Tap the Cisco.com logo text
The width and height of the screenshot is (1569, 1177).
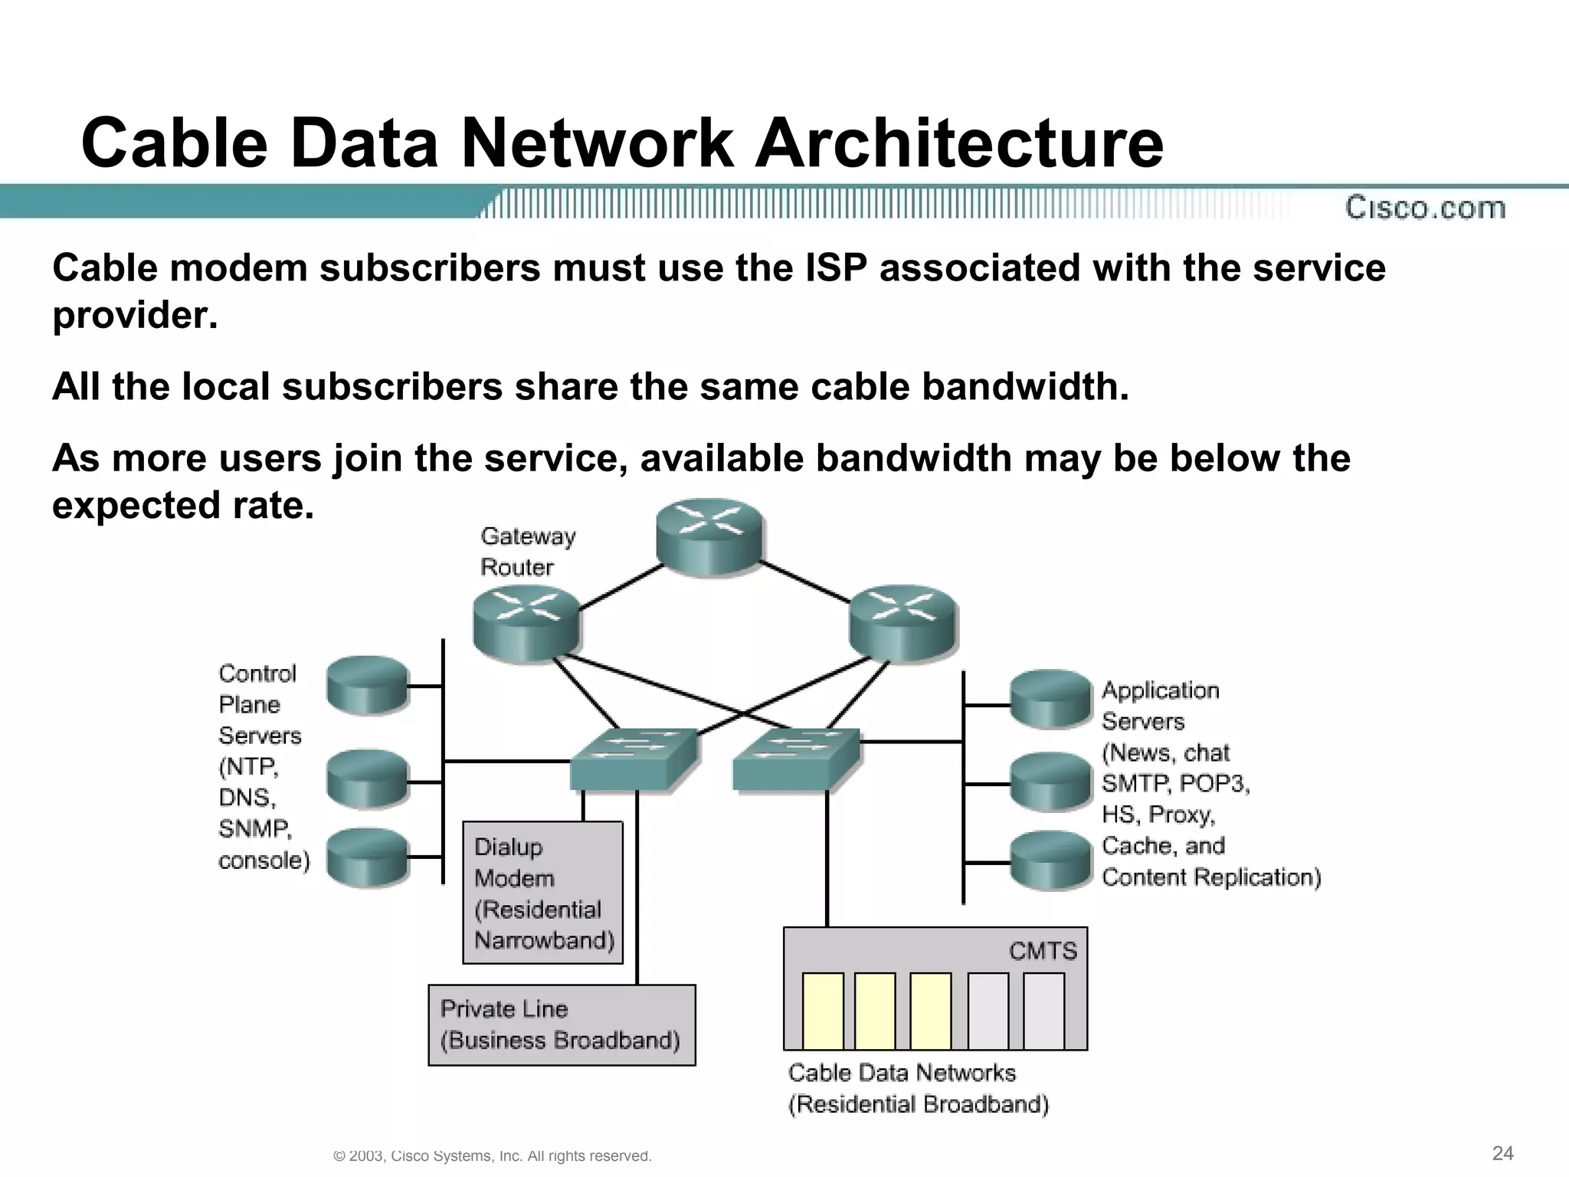(1425, 208)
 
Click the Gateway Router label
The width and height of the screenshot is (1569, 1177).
(527, 552)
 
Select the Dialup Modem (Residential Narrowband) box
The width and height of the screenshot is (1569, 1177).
(542, 893)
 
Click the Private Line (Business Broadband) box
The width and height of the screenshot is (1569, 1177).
(561, 1025)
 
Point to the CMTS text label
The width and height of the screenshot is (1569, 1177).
(1043, 951)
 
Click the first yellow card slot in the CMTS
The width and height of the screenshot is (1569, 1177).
(823, 1010)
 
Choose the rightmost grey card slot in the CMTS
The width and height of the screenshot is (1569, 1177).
(1043, 1010)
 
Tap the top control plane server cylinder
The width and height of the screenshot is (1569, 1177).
(367, 685)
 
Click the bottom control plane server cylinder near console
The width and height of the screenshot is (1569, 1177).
(367, 857)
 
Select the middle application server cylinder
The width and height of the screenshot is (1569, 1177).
(1050, 782)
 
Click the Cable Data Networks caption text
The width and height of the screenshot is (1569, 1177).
(902, 1073)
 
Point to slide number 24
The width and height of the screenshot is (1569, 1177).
(1502, 1153)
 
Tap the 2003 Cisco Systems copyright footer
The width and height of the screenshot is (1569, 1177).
(493, 1156)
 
